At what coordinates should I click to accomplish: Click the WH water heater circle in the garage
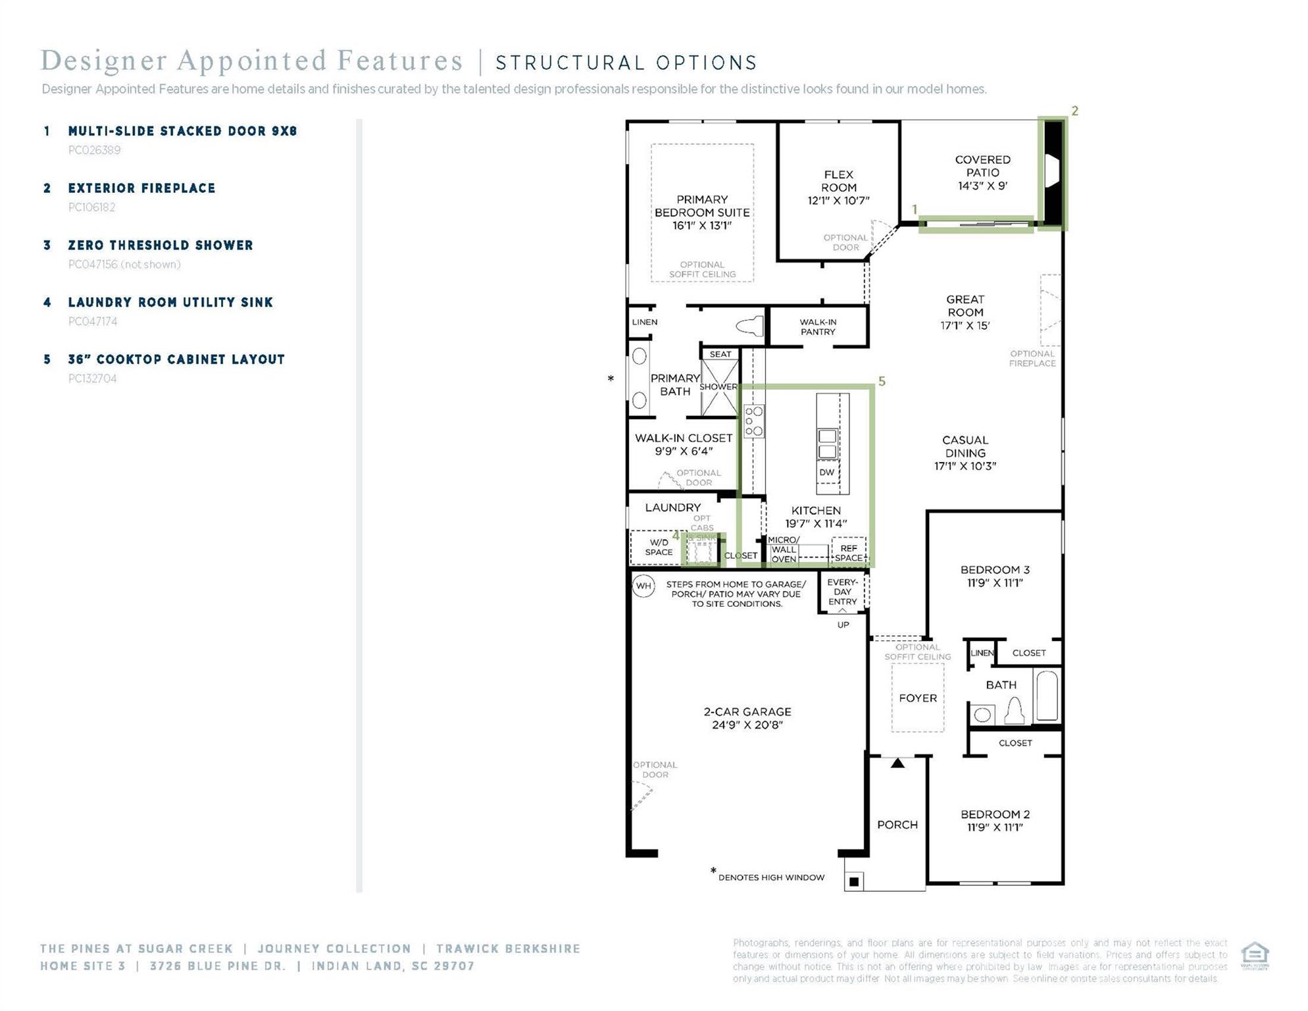tap(643, 585)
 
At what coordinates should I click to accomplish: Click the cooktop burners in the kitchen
tap(754, 422)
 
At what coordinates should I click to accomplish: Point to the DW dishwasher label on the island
tap(827, 472)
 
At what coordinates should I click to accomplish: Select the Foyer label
tap(917, 698)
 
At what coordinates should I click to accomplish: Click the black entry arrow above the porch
tap(897, 764)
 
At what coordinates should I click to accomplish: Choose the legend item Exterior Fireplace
tap(141, 188)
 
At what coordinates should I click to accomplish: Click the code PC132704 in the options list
tap(93, 378)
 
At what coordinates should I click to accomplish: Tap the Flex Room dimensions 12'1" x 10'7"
tap(838, 201)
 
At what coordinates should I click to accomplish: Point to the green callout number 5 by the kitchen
tap(882, 382)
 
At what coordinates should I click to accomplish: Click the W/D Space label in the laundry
tap(659, 548)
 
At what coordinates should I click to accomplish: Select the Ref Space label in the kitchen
tap(848, 553)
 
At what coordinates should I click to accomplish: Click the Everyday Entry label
tap(842, 592)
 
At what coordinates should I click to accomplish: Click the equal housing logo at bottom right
tap(1254, 955)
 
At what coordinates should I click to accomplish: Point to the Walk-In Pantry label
tap(818, 327)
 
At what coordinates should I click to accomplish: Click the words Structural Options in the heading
tap(626, 63)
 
